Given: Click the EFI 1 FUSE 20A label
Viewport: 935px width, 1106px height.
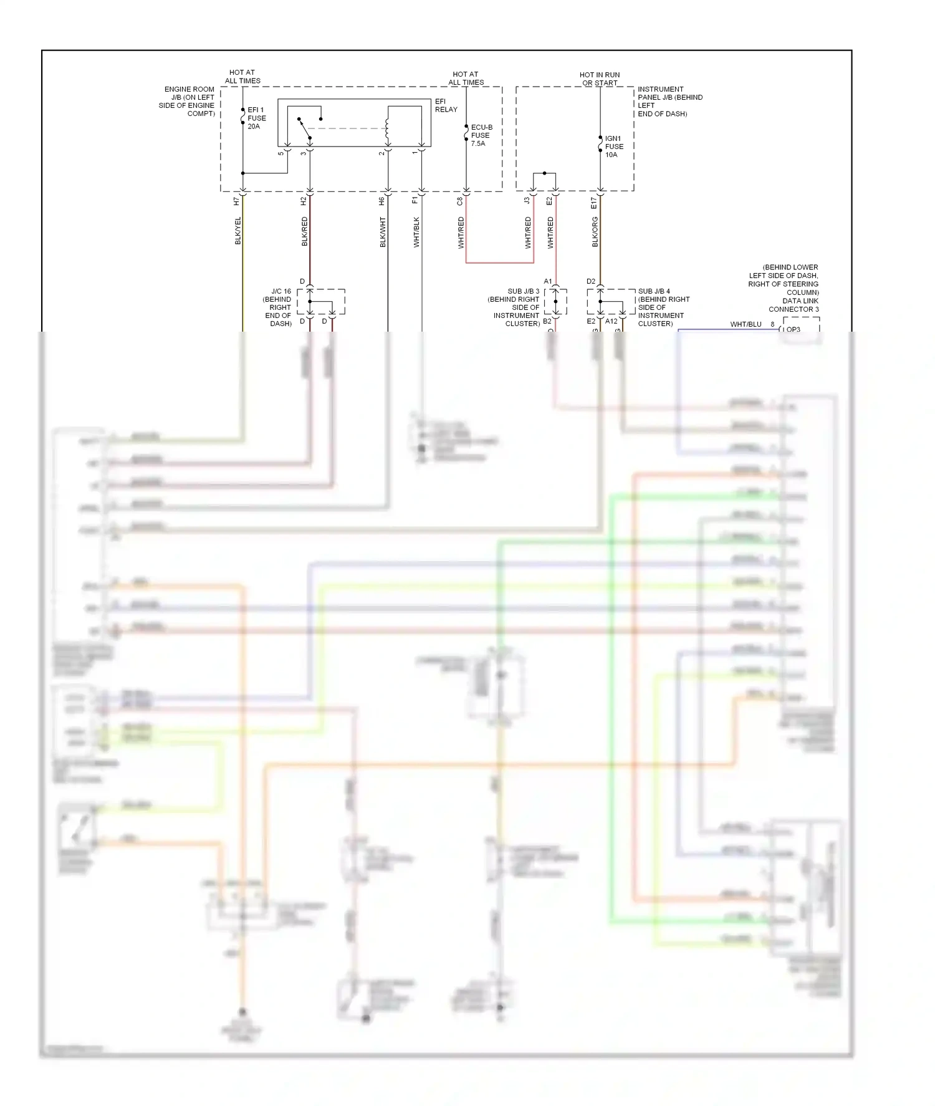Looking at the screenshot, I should tap(256, 118).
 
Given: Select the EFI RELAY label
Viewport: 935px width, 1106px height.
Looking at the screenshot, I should tap(446, 105).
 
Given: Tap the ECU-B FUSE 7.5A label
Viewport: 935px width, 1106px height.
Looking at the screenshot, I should tap(481, 135).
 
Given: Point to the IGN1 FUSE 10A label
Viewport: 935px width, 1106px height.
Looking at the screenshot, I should tap(613, 147).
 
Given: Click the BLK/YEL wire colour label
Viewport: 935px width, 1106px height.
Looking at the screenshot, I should tap(237, 231).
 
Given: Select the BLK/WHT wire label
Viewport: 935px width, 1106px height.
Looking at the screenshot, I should tap(383, 232).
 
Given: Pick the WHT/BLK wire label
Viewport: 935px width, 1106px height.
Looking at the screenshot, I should tap(416, 232).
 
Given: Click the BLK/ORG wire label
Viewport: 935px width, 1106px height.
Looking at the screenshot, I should tap(595, 232).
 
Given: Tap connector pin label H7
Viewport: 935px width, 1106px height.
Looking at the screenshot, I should tap(236, 201).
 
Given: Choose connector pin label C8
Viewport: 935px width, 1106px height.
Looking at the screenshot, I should tap(460, 201).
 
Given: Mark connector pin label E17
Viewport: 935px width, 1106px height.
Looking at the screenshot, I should tap(593, 203).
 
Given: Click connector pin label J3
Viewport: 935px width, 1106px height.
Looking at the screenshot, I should tap(527, 201).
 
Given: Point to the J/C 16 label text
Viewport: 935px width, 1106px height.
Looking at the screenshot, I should tap(279, 307).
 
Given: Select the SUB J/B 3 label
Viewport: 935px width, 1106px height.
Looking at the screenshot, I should tap(515, 307).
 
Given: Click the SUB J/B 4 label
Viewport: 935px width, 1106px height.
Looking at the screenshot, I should tap(663, 307).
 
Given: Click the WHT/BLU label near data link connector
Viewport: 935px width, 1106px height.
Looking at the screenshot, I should tap(746, 324).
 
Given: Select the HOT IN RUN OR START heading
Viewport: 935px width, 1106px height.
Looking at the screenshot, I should tap(600, 79).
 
